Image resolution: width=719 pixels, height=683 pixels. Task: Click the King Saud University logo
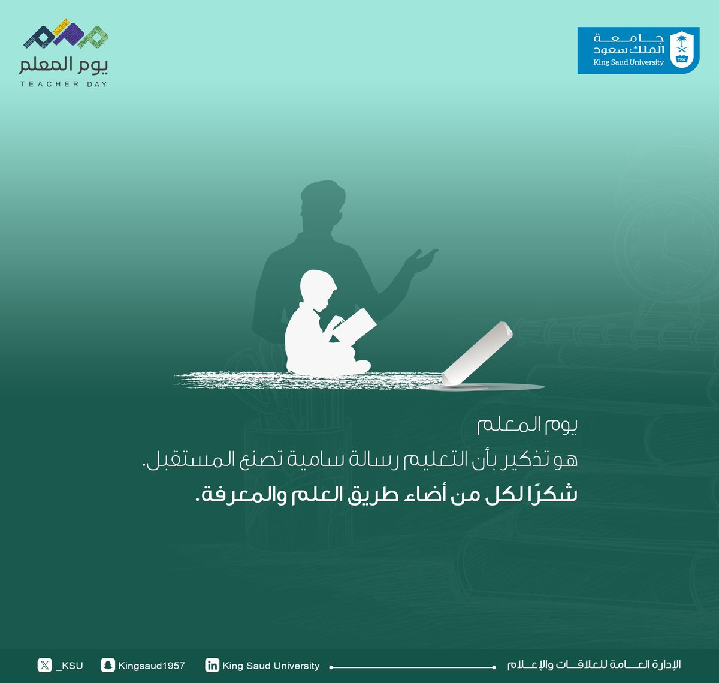click(x=638, y=50)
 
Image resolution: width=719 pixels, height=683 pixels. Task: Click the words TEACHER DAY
click(x=64, y=84)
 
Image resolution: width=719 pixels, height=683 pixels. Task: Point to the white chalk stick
click(x=478, y=354)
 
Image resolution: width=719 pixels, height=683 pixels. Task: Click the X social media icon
click(x=44, y=665)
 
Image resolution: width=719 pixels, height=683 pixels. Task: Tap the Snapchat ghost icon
click(x=108, y=665)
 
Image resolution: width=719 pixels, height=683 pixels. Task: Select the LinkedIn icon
click(x=212, y=665)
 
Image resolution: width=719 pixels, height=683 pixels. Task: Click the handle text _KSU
click(x=69, y=666)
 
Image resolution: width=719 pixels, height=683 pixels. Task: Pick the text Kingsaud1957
click(x=152, y=666)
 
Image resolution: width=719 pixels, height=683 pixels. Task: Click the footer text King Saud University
click(x=271, y=666)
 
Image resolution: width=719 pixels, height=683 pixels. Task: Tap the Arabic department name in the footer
click(x=594, y=664)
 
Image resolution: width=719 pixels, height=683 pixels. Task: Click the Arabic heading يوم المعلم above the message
click(x=527, y=425)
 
